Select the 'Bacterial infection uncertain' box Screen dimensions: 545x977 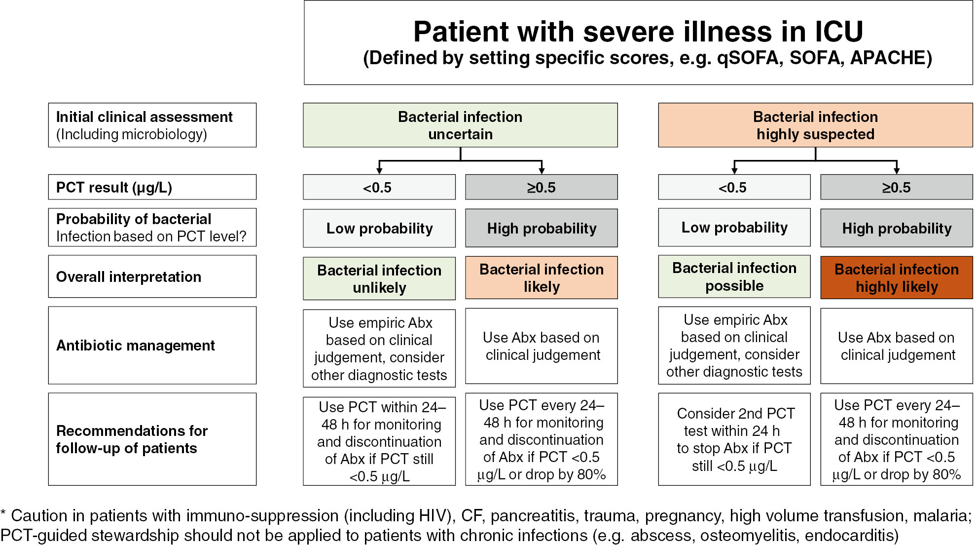[460, 125]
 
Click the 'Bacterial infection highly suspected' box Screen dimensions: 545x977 [815, 125]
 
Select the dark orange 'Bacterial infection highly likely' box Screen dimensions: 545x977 [896, 278]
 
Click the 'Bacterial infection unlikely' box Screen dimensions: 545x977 [379, 279]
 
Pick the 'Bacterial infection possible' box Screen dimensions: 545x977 [734, 277]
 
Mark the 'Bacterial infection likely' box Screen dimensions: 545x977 [541, 278]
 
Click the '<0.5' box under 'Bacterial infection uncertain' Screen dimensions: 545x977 [379, 188]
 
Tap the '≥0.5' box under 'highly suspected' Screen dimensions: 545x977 [896, 188]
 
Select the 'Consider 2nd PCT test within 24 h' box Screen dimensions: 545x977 [734, 439]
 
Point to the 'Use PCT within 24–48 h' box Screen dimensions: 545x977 [379, 441]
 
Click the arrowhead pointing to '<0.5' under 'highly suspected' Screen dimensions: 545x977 [734, 170]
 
